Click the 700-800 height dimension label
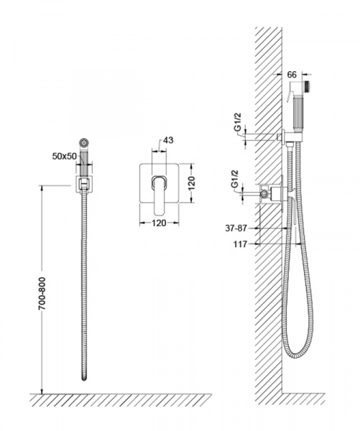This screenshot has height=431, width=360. click(x=42, y=293)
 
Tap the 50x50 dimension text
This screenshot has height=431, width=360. click(x=65, y=156)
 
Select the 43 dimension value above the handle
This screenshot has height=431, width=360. click(x=168, y=140)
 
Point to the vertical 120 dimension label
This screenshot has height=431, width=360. click(x=191, y=183)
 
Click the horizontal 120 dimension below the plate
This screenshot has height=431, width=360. click(x=159, y=223)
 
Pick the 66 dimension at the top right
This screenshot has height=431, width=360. click(x=292, y=75)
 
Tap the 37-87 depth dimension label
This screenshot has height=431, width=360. click(x=236, y=228)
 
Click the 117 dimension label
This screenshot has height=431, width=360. click(x=241, y=244)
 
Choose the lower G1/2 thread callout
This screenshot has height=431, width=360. click(x=234, y=179)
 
